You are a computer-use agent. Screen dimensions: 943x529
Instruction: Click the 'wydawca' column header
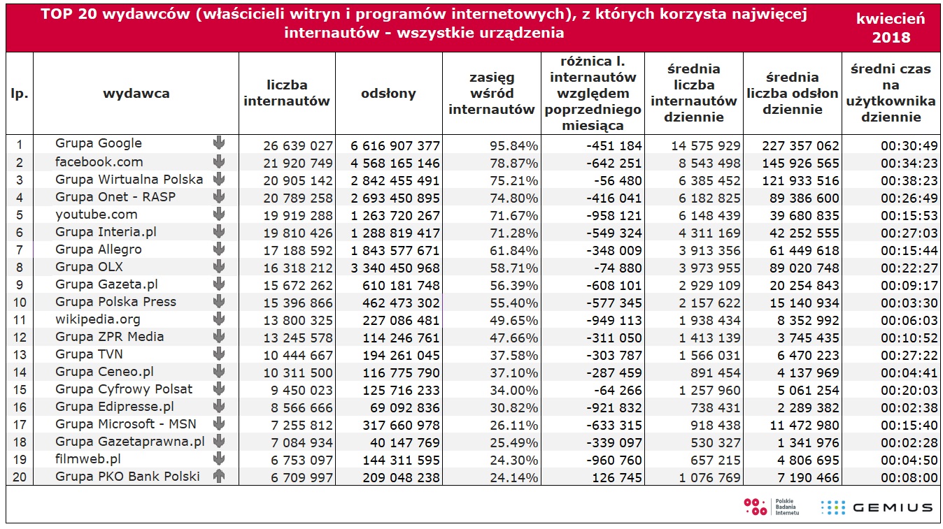tap(136, 94)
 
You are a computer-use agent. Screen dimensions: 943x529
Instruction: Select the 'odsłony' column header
tap(388, 94)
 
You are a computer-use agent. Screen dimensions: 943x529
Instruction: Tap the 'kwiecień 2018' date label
tap(891, 28)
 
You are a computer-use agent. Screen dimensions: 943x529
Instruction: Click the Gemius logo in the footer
tap(877, 507)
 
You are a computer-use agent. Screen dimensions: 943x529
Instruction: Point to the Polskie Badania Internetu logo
tap(771, 507)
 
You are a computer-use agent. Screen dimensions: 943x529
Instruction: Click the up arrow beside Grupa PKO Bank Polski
tap(218, 476)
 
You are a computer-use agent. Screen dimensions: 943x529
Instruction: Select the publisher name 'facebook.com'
tap(99, 162)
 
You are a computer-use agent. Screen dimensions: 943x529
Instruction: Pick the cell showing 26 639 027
tap(298, 145)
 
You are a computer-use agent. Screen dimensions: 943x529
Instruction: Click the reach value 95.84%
tap(513, 145)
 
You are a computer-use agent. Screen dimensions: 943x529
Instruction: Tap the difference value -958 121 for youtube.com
tap(614, 216)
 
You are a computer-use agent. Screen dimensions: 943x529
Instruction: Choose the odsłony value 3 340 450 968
tap(395, 268)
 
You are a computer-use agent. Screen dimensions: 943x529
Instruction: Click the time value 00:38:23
tap(909, 180)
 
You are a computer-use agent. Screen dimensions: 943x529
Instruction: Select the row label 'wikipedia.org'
tap(98, 319)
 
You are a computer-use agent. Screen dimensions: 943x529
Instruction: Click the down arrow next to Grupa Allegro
tap(218, 249)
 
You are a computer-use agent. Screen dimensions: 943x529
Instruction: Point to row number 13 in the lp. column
tap(20, 355)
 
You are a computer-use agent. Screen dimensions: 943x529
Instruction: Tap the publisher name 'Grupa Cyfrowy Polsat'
tap(124, 389)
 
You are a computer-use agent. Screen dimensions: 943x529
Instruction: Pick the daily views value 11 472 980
tap(804, 425)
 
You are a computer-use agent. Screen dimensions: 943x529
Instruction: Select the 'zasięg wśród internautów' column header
tap(491, 94)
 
